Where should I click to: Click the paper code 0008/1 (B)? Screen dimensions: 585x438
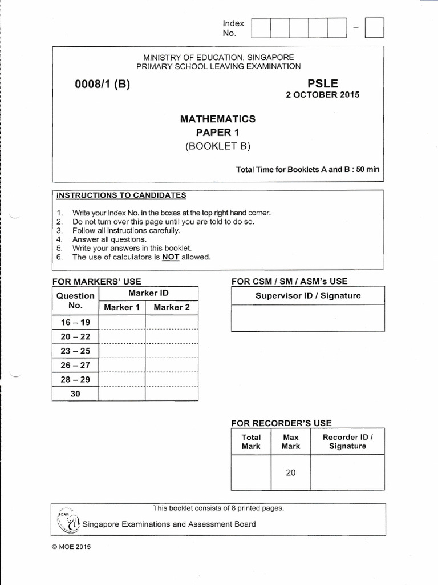point(103,85)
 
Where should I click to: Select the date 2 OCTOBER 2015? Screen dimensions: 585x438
point(322,95)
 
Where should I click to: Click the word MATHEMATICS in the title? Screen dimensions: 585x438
point(218,119)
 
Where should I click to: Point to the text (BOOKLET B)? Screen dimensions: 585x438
point(218,146)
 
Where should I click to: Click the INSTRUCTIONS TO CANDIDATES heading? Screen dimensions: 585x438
point(121,195)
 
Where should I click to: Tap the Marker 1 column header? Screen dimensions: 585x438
point(121,307)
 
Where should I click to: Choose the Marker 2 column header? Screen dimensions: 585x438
point(172,307)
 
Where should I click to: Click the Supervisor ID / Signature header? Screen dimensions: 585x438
point(308,296)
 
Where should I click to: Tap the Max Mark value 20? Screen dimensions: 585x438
point(291,472)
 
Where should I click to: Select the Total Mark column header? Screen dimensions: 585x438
point(251,442)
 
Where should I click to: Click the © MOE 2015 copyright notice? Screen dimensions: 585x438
point(71,547)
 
